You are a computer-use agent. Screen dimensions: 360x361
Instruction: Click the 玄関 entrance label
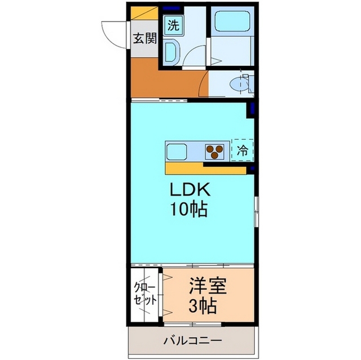pos(144,39)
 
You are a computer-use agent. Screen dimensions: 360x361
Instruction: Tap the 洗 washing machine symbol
pos(173,24)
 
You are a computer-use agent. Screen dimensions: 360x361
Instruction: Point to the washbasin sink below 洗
pos(171,52)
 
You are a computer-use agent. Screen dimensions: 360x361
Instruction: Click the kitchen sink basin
pos(177,152)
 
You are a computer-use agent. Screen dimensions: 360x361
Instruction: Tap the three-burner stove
pos(214,152)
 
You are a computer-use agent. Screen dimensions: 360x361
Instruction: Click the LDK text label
pos(188,189)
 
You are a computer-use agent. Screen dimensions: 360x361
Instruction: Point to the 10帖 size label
pos(189,210)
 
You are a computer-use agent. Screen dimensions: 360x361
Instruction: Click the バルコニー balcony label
pos(192,340)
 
